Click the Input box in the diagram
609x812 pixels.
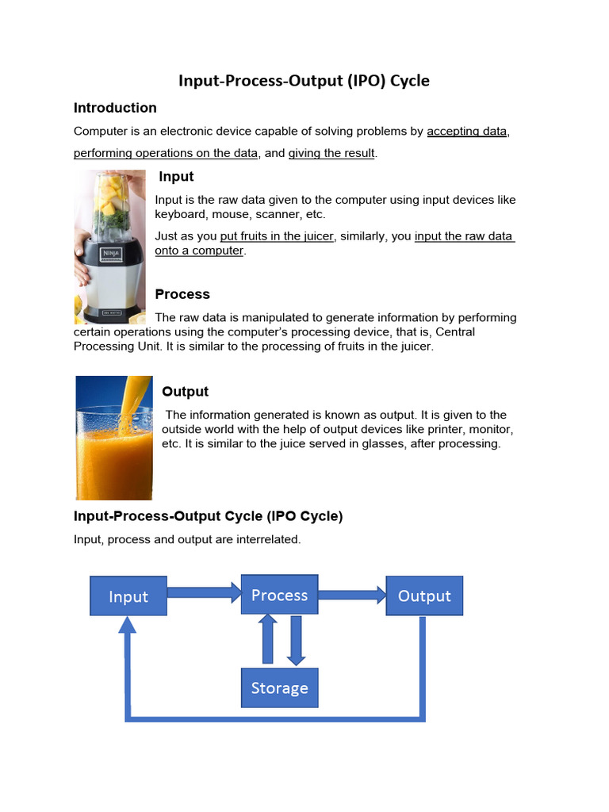click(x=128, y=596)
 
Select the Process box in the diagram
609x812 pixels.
click(x=279, y=595)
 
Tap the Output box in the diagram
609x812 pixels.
click(x=423, y=596)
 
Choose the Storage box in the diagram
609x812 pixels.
click(x=279, y=688)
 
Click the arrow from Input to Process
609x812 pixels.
click(x=204, y=591)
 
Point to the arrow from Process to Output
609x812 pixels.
click(x=352, y=594)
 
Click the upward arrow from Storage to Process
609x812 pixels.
click(x=268, y=639)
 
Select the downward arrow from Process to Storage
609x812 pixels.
click(x=296, y=639)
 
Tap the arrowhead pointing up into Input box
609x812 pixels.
click(x=128, y=625)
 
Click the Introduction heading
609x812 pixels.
click(x=115, y=108)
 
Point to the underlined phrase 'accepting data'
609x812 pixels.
click(x=466, y=131)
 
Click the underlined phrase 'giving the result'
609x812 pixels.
click(x=331, y=153)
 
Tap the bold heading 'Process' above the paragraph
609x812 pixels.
click(x=182, y=294)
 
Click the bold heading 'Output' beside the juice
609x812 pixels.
click(x=185, y=392)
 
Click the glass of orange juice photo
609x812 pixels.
click(x=114, y=438)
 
